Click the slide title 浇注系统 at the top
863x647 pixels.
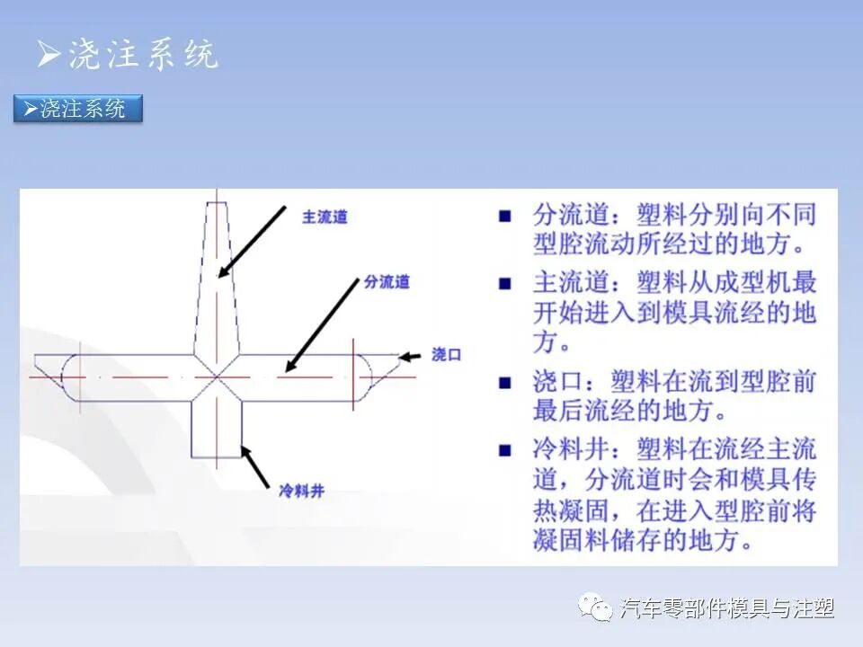click(141, 56)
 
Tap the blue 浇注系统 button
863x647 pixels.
click(79, 110)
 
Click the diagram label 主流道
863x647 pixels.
click(325, 217)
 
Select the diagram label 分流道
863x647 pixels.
click(387, 282)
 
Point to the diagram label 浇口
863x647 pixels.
click(446, 355)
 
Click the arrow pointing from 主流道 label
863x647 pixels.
click(254, 240)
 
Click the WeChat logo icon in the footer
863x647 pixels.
click(595, 608)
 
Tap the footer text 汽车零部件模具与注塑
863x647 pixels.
click(727, 609)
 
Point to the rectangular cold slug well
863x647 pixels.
click(217, 430)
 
